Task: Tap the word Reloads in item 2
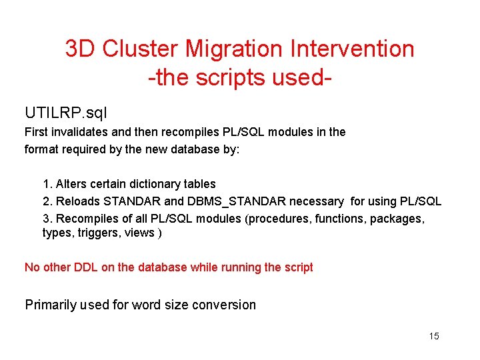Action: point(77,201)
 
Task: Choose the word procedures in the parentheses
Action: point(277,219)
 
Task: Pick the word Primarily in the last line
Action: point(51,305)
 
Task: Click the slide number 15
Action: point(434,336)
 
